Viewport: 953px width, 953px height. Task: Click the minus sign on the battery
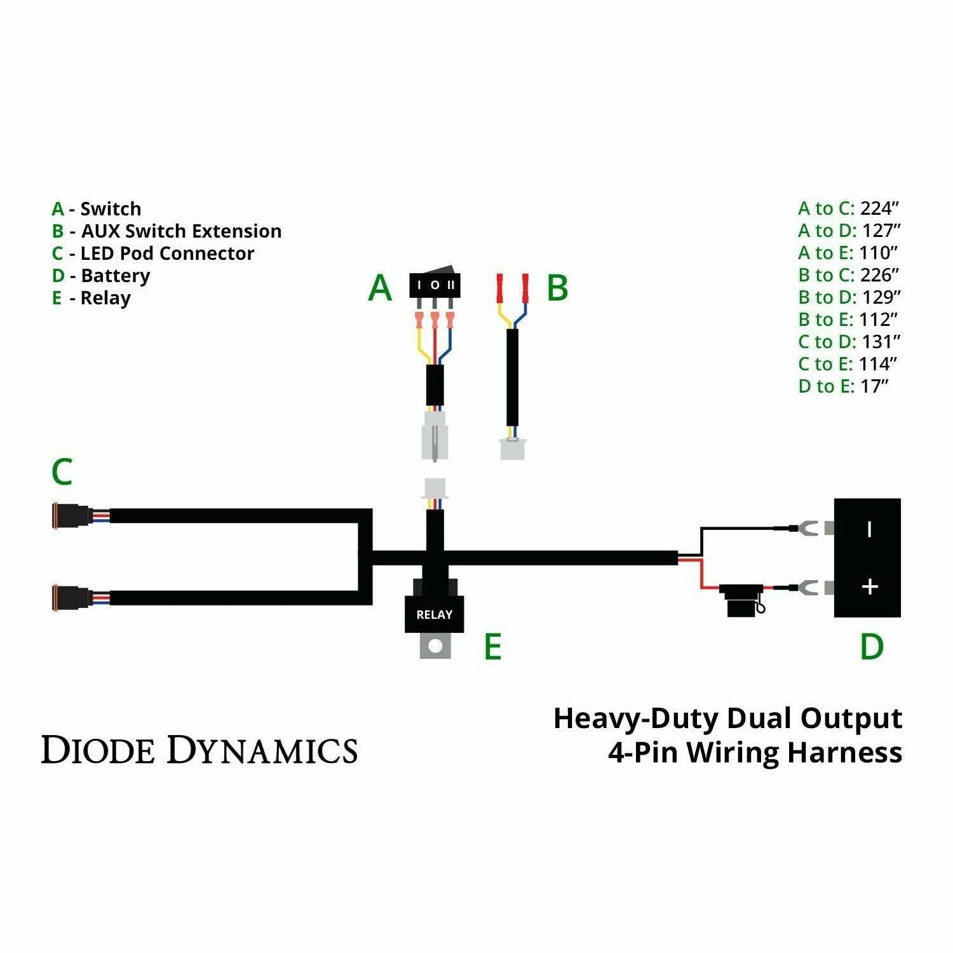(x=869, y=529)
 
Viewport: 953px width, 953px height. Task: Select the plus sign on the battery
(x=869, y=586)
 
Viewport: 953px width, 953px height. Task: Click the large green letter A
(x=380, y=288)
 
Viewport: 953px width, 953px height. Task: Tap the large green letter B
(x=557, y=288)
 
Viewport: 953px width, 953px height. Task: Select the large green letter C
(x=62, y=472)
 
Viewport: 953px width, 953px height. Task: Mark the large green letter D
(x=871, y=647)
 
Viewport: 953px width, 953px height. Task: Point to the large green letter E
(x=492, y=647)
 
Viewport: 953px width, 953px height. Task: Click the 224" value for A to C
(x=880, y=208)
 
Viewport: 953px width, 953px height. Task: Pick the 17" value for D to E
(x=874, y=386)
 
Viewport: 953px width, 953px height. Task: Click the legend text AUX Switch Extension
(x=181, y=231)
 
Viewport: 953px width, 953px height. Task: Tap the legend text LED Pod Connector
(x=167, y=253)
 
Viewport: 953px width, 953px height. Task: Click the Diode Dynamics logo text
(x=199, y=750)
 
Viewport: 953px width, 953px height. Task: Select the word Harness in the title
(x=844, y=752)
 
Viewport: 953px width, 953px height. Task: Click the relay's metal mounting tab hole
(x=435, y=646)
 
